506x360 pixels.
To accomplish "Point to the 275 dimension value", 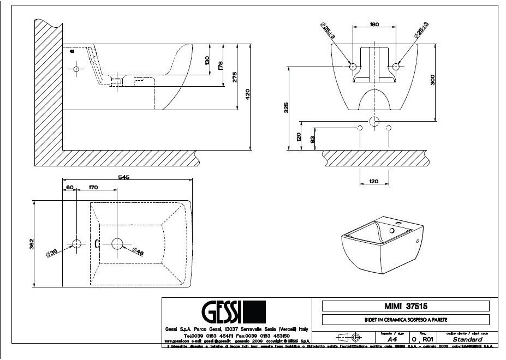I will tap(235, 77).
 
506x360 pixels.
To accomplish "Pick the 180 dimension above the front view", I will tap(374, 25).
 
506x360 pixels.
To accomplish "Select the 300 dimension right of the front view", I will tap(433, 81).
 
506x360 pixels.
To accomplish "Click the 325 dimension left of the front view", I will tap(286, 107).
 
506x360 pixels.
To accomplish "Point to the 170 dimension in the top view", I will tap(93, 187).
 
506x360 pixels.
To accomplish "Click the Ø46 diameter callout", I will tap(138, 251).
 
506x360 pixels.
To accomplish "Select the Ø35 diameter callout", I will tap(52, 253).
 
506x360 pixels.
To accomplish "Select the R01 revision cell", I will tap(428, 339).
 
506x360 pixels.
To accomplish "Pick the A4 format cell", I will tap(392, 339).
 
